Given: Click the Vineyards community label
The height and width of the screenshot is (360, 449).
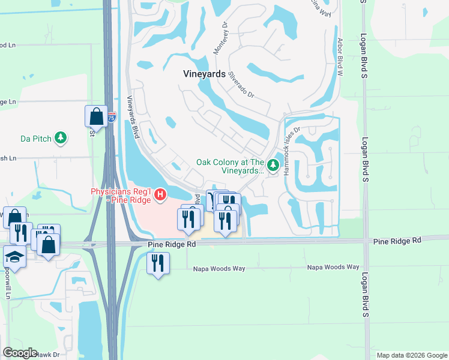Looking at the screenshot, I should tap(204, 74).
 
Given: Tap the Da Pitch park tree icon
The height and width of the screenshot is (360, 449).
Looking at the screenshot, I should tap(61, 139).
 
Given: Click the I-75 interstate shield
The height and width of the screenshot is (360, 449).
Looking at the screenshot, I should tap(111, 118).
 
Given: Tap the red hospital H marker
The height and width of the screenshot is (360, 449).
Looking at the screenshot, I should tap(160, 194).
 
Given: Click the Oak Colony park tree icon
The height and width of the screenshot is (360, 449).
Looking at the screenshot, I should tap(273, 164).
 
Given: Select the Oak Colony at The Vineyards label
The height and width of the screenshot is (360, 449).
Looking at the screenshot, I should tap(231, 166).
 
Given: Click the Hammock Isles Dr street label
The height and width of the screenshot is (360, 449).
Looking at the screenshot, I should tap(291, 151).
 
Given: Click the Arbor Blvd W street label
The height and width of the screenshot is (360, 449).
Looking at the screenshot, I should tap(340, 57).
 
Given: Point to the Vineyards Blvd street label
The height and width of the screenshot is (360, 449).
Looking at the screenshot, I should tap(133, 118).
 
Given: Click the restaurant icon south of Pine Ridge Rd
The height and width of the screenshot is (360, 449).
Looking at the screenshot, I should tap(158, 262).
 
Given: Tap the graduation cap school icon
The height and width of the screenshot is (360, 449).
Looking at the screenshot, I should tap(14, 257).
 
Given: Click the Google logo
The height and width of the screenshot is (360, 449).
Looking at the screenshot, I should tap(20, 353).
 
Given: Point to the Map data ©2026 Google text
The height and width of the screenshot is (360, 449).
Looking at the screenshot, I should tap(411, 355).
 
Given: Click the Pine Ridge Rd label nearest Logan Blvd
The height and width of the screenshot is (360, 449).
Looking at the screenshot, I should tap(397, 241).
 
